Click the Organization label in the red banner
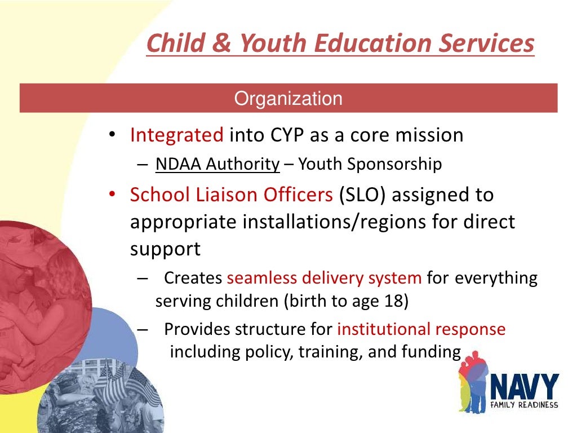(x=288, y=99)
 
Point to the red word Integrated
(x=177, y=135)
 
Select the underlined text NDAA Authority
(x=218, y=164)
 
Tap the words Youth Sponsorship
(x=370, y=164)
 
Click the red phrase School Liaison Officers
(x=232, y=195)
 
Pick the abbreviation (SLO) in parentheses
(x=362, y=195)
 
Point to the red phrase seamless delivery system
(x=324, y=278)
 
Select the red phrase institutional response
(x=421, y=329)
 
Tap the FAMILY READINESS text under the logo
(x=524, y=405)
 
